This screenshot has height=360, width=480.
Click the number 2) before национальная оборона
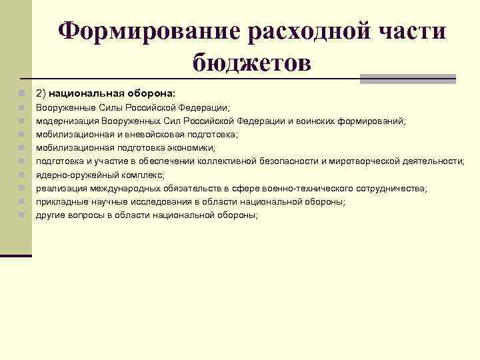[x=42, y=93]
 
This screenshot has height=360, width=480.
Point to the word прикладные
[x=61, y=201]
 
